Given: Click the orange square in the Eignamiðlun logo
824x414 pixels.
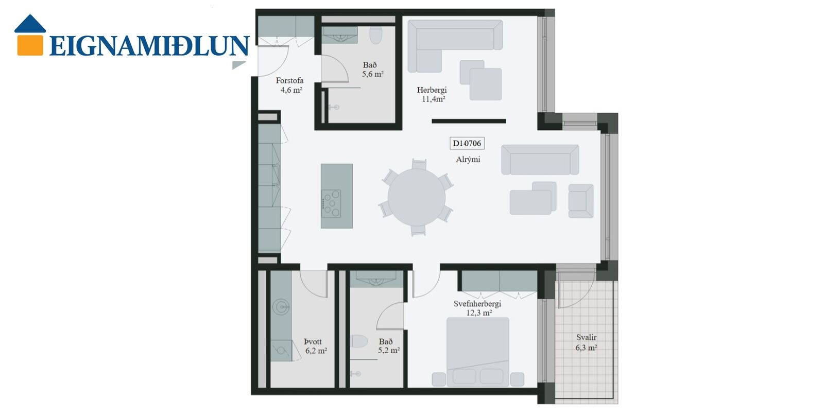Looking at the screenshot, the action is click(x=30, y=45).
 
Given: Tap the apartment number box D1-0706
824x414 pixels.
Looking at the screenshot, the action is click(x=467, y=143).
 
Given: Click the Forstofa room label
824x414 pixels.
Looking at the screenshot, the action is click(x=289, y=80).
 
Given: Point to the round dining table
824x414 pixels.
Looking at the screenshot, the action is click(x=417, y=197).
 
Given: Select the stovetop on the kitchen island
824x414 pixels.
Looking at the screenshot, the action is click(x=332, y=203).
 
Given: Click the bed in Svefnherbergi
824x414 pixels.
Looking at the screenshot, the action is click(x=478, y=352).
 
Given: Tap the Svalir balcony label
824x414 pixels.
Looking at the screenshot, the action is click(x=587, y=337).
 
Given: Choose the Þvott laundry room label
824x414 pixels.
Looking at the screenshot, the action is click(x=313, y=341).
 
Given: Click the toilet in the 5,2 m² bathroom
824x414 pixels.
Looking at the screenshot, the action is click(x=359, y=341).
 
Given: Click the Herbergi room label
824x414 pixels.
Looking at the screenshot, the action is click(x=432, y=90).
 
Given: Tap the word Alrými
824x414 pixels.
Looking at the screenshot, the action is click(x=468, y=160).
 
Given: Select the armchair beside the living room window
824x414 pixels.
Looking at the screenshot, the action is click(x=581, y=201).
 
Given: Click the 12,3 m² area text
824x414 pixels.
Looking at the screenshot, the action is click(x=479, y=313).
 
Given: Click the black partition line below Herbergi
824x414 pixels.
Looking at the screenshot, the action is click(x=469, y=121).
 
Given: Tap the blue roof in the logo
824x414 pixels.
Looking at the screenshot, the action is click(x=30, y=24).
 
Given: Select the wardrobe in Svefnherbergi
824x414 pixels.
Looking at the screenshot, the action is click(x=500, y=281).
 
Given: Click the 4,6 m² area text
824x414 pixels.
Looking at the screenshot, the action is click(x=291, y=90).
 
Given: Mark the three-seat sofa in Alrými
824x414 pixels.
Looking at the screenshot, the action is click(x=540, y=160).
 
